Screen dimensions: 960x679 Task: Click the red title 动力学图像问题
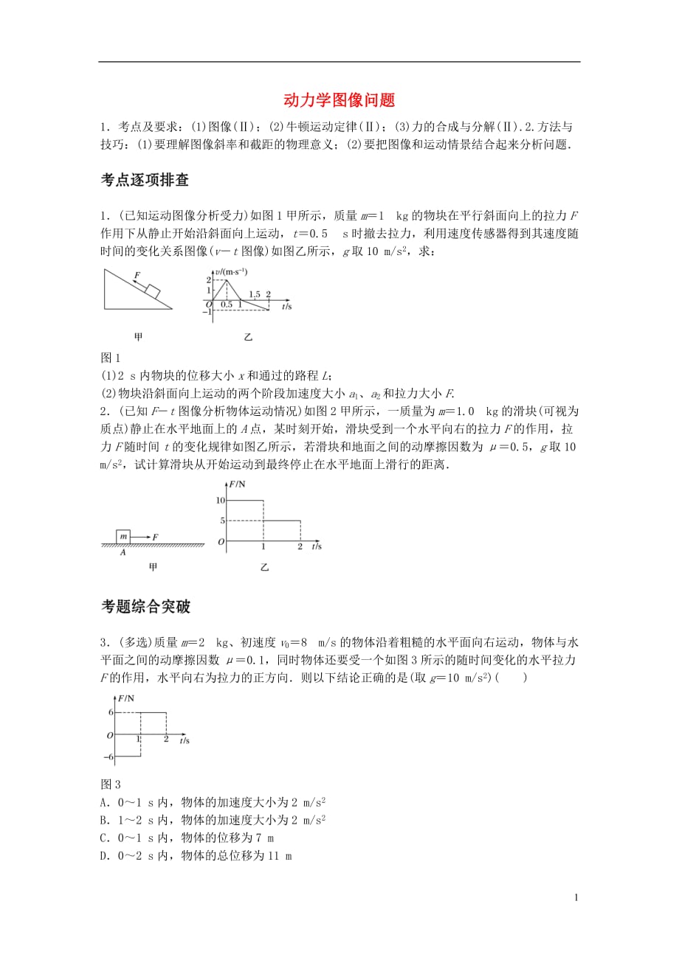(x=339, y=99)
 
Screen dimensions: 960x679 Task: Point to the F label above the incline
(x=137, y=277)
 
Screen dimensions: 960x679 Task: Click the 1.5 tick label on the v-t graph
(x=255, y=294)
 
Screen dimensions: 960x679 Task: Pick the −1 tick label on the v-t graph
(x=209, y=311)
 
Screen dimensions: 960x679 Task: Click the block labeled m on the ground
(x=124, y=536)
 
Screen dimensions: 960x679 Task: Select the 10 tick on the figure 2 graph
(x=219, y=501)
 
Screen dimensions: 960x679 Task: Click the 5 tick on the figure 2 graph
(x=221, y=521)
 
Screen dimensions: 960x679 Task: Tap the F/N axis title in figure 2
(x=238, y=484)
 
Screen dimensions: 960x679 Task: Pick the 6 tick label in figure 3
(x=111, y=712)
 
